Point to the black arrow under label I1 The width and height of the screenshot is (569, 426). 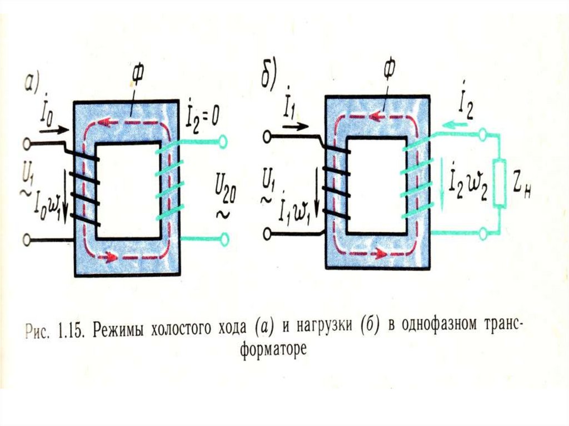(x=295, y=126)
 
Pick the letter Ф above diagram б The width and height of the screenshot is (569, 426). (x=388, y=71)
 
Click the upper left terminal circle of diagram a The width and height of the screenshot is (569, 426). (x=26, y=144)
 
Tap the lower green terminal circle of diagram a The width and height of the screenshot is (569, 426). (x=224, y=239)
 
